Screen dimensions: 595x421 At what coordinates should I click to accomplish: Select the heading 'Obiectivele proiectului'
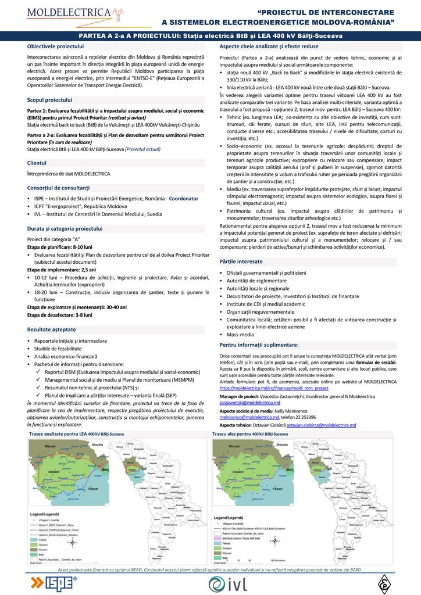(56, 45)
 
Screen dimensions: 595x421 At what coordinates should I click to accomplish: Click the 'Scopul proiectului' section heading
(49, 99)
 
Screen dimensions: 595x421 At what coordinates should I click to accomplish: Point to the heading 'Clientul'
(37, 163)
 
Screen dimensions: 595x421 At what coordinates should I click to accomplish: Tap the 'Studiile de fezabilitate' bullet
(58, 347)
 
